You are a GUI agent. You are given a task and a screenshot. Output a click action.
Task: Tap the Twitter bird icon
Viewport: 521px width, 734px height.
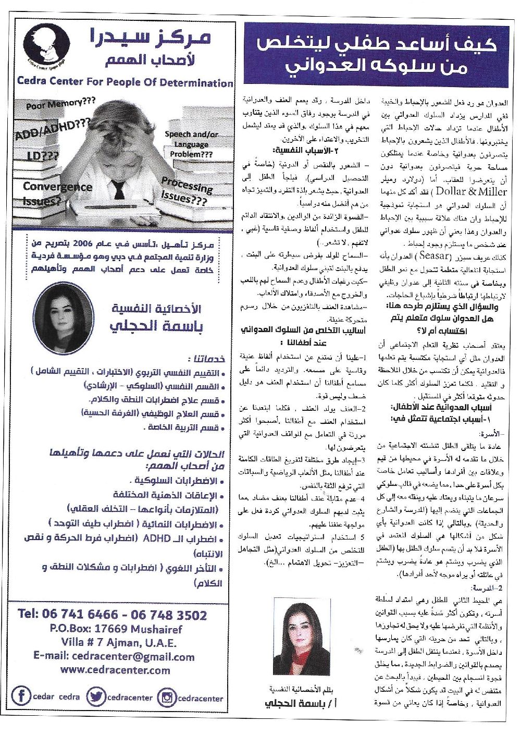(96, 696)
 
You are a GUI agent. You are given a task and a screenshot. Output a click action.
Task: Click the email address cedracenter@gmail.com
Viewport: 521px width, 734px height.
(114, 657)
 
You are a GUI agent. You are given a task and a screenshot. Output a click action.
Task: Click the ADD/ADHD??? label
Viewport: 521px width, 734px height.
(53, 131)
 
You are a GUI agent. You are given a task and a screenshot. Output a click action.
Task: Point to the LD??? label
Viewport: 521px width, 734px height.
(43, 156)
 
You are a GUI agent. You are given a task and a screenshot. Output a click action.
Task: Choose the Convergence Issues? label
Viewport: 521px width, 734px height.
(57, 192)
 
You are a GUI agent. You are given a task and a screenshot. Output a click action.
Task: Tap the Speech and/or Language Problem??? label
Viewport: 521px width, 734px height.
(191, 144)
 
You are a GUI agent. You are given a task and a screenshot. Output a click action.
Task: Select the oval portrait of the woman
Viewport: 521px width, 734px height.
(64, 311)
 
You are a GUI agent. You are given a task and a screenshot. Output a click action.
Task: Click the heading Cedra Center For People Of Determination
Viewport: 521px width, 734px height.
(125, 82)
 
